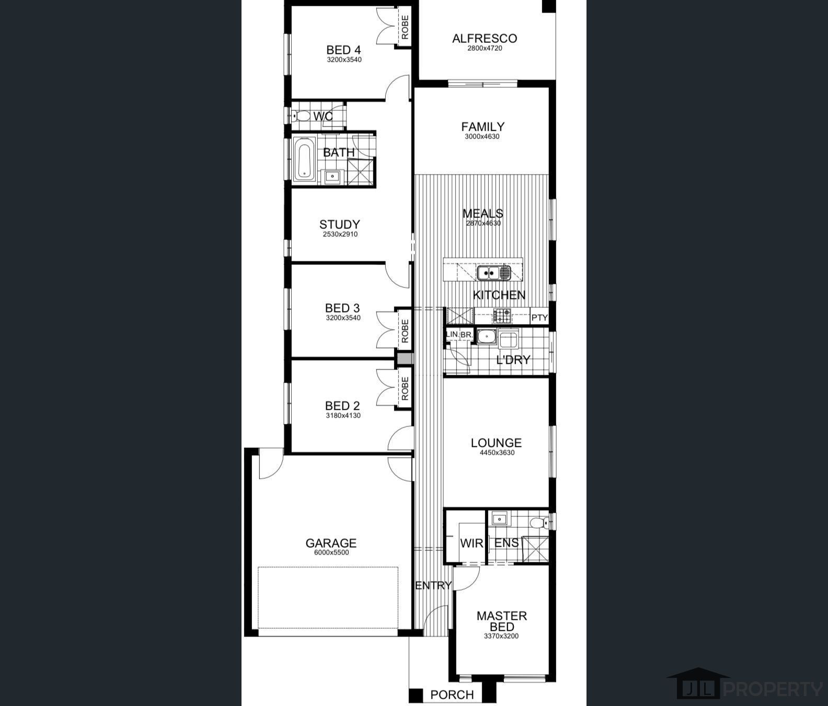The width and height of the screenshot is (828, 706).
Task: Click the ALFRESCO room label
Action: [484, 38]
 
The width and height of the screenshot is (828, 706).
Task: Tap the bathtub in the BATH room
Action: [303, 159]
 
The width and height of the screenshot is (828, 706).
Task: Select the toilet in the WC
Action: [300, 116]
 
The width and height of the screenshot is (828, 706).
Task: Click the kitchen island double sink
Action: [493, 273]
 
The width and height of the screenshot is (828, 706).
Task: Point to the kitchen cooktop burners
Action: [502, 316]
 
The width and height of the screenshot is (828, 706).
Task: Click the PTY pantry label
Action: [539, 317]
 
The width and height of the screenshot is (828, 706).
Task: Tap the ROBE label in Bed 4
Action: [405, 28]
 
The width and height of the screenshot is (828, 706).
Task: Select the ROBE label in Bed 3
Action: [405, 330]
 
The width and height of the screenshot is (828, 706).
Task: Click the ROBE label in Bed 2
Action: [405, 389]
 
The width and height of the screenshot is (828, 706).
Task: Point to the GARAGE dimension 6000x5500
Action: [331, 552]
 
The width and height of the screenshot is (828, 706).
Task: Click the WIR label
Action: [471, 543]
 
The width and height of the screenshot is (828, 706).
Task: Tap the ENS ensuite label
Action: [507, 543]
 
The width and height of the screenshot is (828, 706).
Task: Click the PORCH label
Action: [452, 695]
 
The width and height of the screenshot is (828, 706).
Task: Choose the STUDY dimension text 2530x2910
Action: [340, 234]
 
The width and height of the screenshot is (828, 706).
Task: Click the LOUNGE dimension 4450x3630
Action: [497, 453]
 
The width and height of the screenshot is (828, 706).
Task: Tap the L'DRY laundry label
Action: [513, 360]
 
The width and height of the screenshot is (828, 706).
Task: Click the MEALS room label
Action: [483, 213]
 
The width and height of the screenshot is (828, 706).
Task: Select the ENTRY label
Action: [433, 585]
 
